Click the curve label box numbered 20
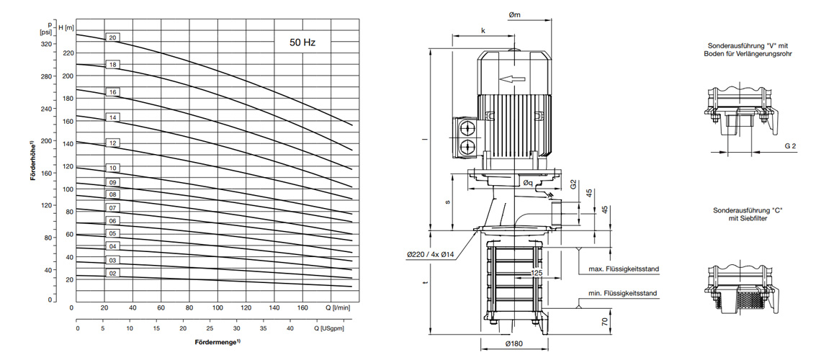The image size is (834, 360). pyautogui.click(x=113, y=37)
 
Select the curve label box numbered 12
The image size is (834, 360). pyautogui.click(x=113, y=143)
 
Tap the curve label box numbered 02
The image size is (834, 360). pyautogui.click(x=113, y=274)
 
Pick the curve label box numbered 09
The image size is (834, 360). pyautogui.click(x=113, y=182)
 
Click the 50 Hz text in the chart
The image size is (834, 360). pyautogui.click(x=302, y=42)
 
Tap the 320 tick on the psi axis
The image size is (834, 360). pyautogui.click(x=47, y=44)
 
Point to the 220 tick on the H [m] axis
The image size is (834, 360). pyautogui.click(x=68, y=53)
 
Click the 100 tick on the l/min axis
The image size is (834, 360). pyautogui.click(x=217, y=307)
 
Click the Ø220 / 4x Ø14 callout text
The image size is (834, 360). pyautogui.click(x=435, y=254)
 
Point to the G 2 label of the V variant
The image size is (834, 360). pyautogui.click(x=790, y=146)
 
